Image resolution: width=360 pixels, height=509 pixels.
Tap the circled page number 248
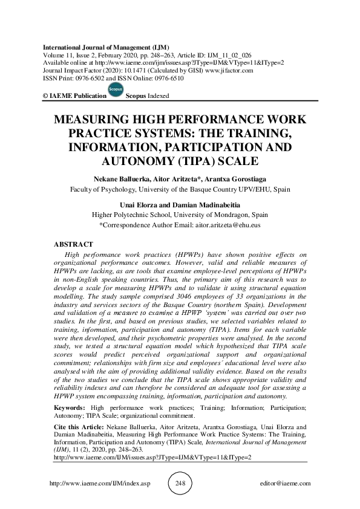click(180, 484)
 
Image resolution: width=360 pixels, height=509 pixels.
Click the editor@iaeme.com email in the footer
click(284, 484)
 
